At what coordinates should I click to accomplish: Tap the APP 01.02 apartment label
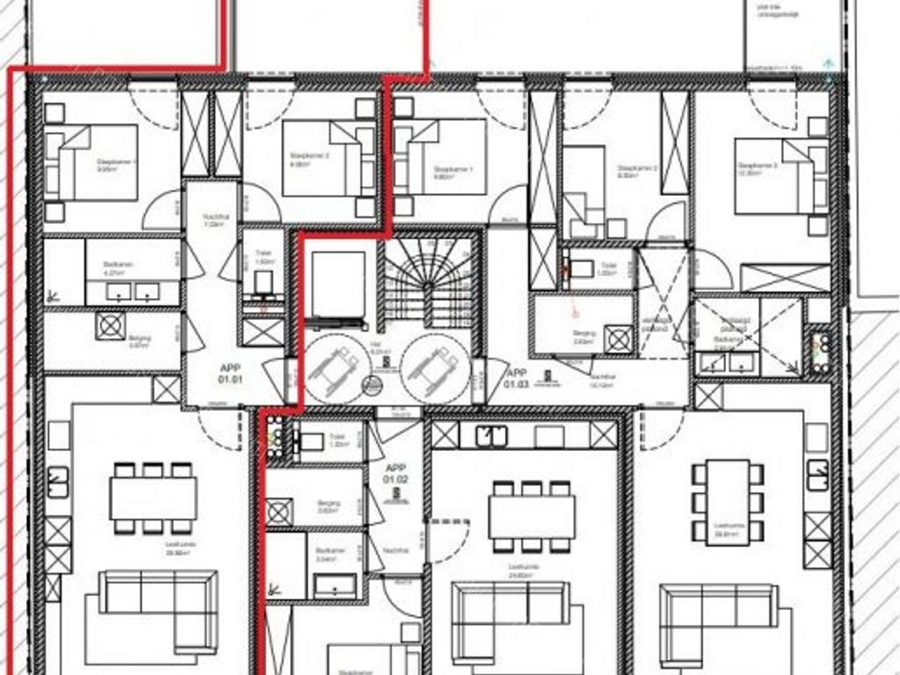tap(396, 475)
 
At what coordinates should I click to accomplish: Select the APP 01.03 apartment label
tap(516, 378)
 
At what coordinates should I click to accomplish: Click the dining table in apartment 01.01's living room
tap(153, 498)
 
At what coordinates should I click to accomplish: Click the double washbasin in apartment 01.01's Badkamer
tap(131, 291)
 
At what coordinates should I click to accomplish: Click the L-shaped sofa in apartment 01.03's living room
tap(719, 621)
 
